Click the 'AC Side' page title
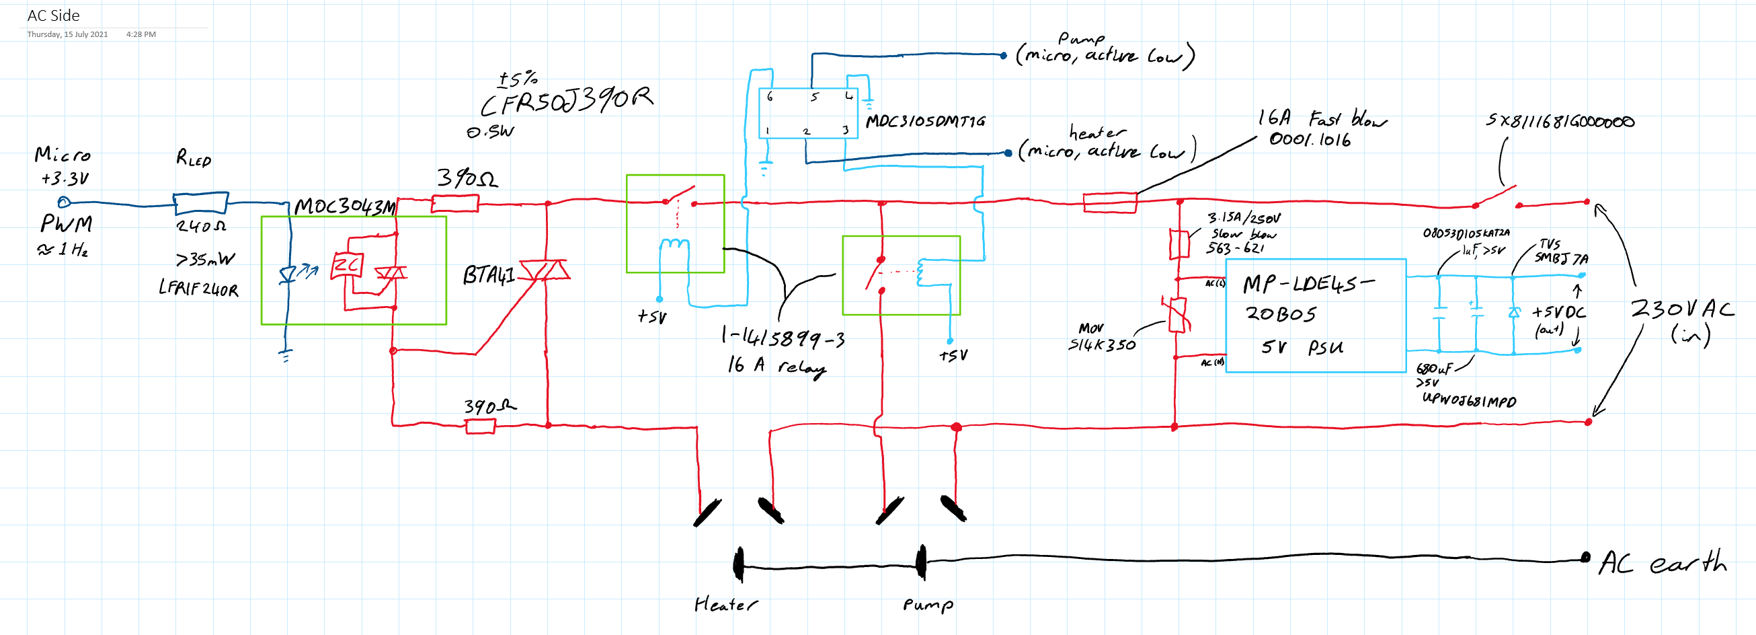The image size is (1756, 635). coord(53,15)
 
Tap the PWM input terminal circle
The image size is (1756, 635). coord(63,202)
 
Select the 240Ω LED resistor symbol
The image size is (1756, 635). coord(200,202)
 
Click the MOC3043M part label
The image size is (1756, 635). coord(344,207)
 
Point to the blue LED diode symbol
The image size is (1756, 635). coord(288,275)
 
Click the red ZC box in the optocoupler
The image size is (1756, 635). coord(347,264)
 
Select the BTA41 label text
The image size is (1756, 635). coord(488,275)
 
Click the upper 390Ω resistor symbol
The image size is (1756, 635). coord(455,202)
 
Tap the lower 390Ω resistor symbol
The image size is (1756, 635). coord(480,427)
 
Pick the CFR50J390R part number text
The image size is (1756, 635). coord(566,101)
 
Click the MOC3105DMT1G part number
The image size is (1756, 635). coord(925,121)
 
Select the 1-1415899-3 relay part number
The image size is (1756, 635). coord(783,337)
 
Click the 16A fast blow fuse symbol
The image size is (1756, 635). coord(1110,202)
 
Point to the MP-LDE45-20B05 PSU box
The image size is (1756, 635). coord(1315,315)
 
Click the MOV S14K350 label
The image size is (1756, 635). coord(1101,338)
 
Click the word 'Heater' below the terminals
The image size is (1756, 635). coord(725,604)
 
